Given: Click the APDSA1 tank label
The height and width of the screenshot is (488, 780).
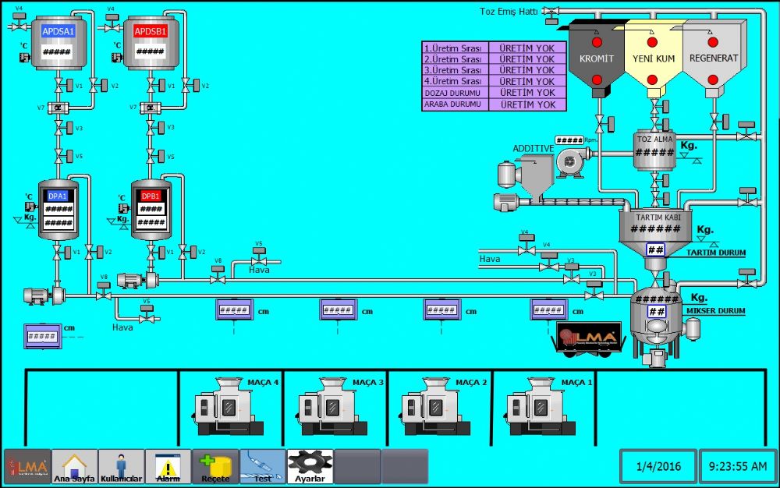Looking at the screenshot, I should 58,31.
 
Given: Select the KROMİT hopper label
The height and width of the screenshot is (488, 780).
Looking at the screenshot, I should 597,58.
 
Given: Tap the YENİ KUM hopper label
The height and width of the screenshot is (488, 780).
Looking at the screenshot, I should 653,58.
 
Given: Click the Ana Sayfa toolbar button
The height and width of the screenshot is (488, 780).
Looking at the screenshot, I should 74,466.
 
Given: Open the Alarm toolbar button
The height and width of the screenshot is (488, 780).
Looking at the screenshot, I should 168,466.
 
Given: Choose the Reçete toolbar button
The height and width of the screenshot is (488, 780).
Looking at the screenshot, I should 215,466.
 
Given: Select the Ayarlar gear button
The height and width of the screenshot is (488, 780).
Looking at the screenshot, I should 310,466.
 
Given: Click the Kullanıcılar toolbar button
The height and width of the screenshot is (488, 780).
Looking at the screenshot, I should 121,466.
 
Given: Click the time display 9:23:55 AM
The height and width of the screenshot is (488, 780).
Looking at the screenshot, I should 738,467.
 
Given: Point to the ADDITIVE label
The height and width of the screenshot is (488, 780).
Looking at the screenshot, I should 533,148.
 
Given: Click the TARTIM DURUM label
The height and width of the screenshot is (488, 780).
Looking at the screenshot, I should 716,253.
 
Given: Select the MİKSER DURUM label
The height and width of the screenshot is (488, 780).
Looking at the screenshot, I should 716,311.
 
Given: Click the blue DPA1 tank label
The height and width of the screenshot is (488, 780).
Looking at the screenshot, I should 58,196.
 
